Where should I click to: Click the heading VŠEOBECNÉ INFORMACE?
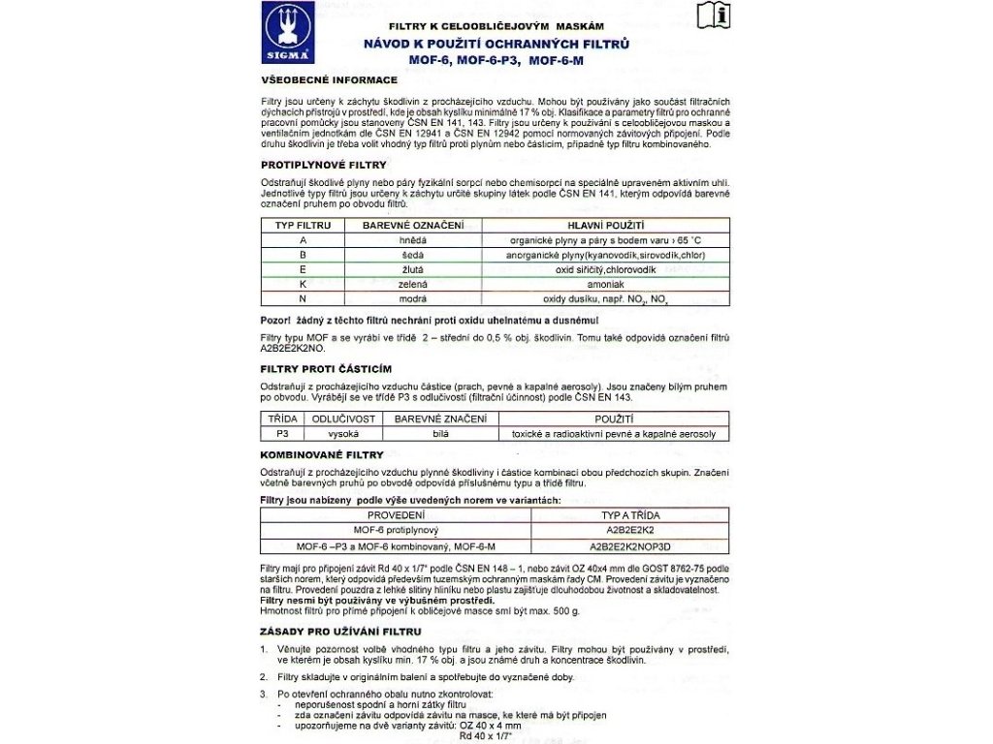coord(330,79)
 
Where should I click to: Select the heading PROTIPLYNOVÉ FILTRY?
coord(324,165)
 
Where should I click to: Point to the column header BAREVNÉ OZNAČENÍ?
coord(413,225)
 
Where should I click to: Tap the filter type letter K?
coord(304,285)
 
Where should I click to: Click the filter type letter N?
coord(304,299)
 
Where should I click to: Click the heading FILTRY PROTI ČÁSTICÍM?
coord(326,369)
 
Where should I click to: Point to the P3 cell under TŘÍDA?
coord(283,434)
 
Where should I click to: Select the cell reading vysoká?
coord(343,434)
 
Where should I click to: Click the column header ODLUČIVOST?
coord(343,418)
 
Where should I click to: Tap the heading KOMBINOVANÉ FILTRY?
coord(322,454)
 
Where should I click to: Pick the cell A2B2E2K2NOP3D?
coord(630,545)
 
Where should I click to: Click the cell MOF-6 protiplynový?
coord(397,531)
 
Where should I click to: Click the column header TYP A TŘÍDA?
coord(630,515)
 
